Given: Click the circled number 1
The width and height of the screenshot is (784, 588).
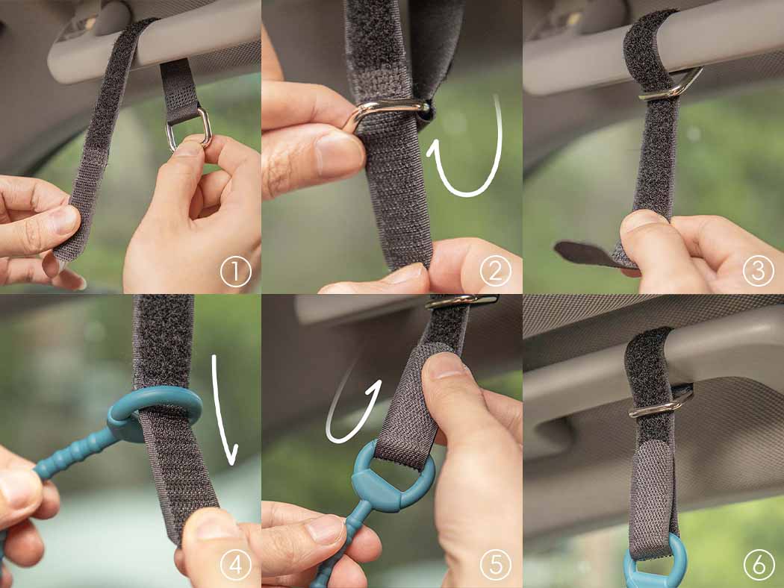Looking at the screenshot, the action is pyautogui.click(x=235, y=272).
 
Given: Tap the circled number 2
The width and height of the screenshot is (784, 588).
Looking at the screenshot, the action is pyautogui.click(x=496, y=272).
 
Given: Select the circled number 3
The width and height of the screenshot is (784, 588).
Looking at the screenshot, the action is pyautogui.click(x=758, y=272).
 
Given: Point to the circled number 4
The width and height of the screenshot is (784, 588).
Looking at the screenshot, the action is pyautogui.click(x=235, y=566).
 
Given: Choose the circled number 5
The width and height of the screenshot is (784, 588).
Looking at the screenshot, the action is pyautogui.click(x=496, y=565).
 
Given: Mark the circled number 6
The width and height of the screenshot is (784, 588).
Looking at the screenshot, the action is pyautogui.click(x=759, y=566).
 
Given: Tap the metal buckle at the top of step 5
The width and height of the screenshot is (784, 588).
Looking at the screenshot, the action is pyautogui.click(x=462, y=300).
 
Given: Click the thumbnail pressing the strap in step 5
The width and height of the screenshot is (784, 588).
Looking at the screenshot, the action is pyautogui.click(x=441, y=366).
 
